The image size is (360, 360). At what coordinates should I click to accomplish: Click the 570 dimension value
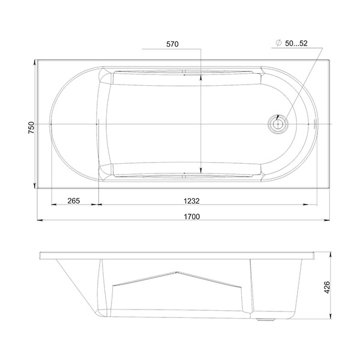172,44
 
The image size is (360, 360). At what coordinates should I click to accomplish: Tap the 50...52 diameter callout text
296,43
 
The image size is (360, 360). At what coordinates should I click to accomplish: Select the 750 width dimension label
31,128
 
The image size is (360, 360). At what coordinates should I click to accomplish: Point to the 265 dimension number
74,200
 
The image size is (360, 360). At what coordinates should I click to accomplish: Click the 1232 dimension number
191,201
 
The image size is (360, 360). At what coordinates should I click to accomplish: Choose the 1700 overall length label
192,216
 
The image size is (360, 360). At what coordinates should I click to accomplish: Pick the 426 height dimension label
327,287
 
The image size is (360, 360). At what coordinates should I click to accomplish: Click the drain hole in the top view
278,124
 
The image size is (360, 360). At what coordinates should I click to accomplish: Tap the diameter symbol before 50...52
278,43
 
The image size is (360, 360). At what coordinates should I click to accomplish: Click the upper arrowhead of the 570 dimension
201,79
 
